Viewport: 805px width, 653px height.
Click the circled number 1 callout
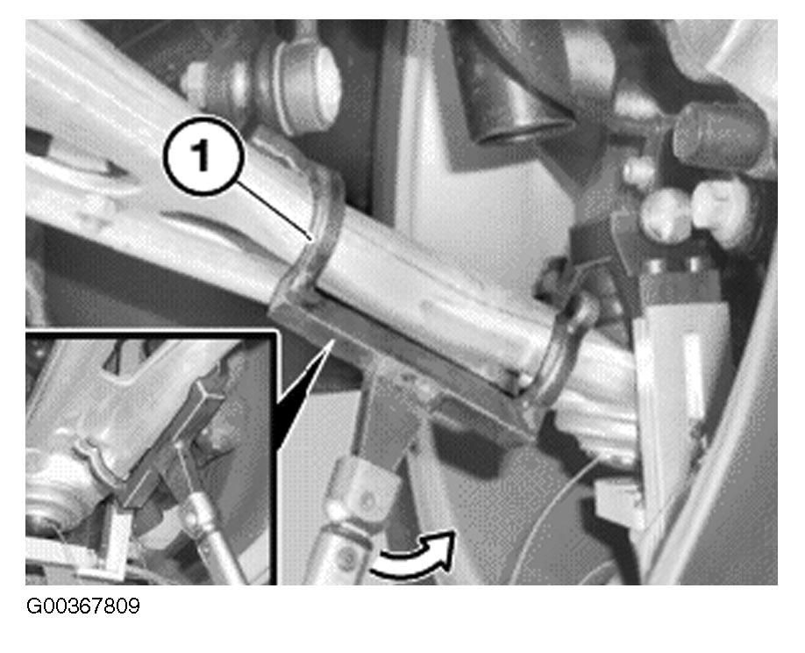point(203,155)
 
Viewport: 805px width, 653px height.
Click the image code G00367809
point(82,606)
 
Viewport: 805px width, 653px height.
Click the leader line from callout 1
point(274,210)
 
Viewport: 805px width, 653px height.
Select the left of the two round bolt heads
point(666,213)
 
